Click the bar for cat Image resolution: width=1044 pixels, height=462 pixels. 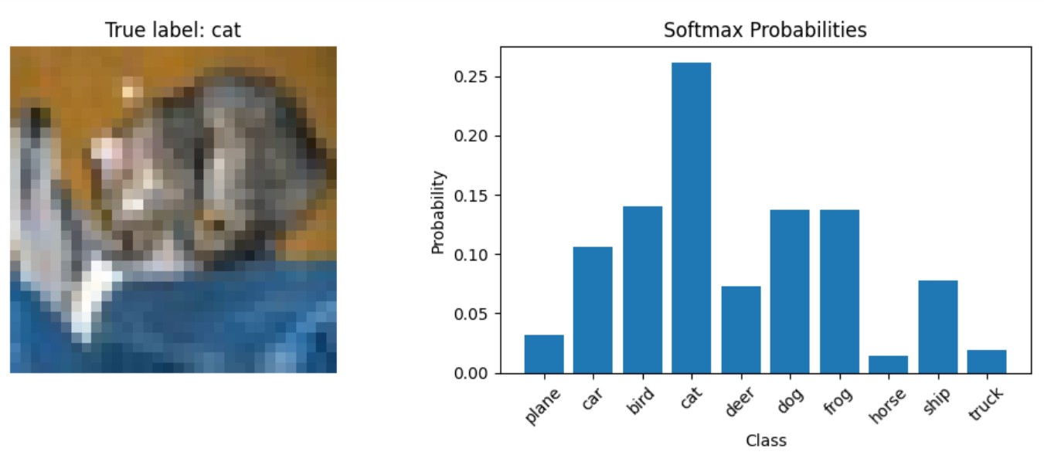pyautogui.click(x=691, y=218)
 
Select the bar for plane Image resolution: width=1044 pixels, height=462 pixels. pyautogui.click(x=544, y=354)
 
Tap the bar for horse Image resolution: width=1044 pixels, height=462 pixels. pyautogui.click(x=889, y=365)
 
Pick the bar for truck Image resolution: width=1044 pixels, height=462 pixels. pyautogui.click(x=987, y=362)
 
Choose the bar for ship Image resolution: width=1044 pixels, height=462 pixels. pyautogui.click(x=937, y=327)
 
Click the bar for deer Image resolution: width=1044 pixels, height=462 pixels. pyautogui.click(x=741, y=330)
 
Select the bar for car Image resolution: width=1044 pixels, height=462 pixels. pyautogui.click(x=593, y=310)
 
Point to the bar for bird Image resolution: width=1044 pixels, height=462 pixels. pyautogui.click(x=642, y=290)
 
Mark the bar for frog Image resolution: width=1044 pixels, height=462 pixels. pyautogui.click(x=839, y=291)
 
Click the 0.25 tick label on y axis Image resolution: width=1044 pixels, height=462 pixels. pyautogui.click(x=471, y=76)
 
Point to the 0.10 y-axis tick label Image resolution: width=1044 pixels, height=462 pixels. pyautogui.click(x=471, y=255)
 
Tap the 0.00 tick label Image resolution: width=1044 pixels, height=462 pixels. pyautogui.click(x=471, y=373)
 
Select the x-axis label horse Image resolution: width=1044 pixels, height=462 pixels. pyautogui.click(x=887, y=406)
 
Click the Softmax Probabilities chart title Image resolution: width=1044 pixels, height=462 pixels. pyautogui.click(x=765, y=30)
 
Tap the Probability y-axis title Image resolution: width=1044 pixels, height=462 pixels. pyautogui.click(x=438, y=212)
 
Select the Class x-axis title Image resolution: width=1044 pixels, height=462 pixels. pyautogui.click(x=766, y=440)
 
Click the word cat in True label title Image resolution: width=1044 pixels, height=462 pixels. pyautogui.click(x=226, y=30)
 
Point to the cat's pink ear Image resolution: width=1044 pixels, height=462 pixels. pyautogui.click(x=108, y=151)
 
